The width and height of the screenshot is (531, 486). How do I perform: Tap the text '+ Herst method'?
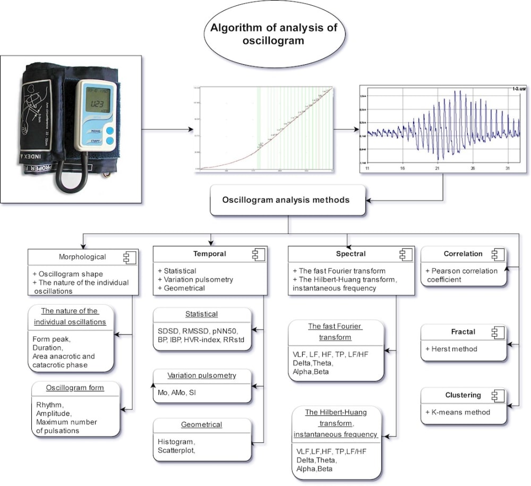[x=451, y=349]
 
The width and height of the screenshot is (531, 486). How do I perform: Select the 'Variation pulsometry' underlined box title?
[x=201, y=376]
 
